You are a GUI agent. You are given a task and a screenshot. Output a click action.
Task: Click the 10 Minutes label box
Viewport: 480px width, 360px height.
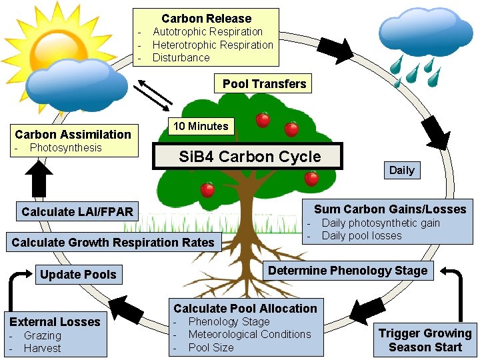click(x=201, y=126)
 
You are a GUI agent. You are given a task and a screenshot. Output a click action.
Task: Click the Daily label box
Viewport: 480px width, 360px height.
click(x=401, y=170)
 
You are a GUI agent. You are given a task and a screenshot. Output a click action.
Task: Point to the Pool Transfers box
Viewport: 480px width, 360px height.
click(x=264, y=84)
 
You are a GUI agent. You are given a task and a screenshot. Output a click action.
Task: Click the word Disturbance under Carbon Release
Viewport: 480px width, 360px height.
click(x=181, y=58)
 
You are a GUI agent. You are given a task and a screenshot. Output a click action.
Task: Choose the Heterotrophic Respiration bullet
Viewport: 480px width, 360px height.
click(x=213, y=45)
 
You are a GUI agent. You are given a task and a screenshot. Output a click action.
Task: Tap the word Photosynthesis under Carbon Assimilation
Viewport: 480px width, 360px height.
click(x=65, y=148)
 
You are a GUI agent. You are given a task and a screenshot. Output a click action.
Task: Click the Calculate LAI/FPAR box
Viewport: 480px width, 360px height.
click(x=77, y=212)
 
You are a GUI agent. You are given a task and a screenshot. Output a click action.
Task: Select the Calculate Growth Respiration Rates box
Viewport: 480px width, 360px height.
click(x=113, y=243)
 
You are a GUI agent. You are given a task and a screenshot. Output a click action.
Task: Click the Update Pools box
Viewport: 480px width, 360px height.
click(x=78, y=275)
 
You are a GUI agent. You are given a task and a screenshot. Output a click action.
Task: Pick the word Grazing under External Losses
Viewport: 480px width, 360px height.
click(x=42, y=336)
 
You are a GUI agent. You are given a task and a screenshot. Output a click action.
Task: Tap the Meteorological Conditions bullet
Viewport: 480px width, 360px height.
click(x=249, y=335)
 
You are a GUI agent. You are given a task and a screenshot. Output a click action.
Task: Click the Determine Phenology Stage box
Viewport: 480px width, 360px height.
click(x=347, y=271)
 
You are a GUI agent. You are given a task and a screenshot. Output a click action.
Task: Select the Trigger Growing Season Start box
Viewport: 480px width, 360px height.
click(x=425, y=340)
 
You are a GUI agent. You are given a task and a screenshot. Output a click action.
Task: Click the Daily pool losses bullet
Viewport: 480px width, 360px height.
click(x=361, y=236)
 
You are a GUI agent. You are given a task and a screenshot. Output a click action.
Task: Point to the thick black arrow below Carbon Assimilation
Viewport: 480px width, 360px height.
click(x=41, y=179)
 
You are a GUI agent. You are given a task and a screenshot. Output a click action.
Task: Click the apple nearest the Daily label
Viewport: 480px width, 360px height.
click(x=311, y=179)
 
